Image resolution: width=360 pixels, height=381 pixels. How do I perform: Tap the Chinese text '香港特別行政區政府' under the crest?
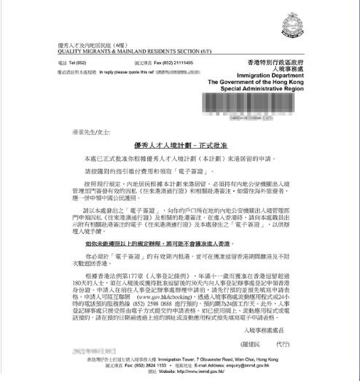click(x=289, y=64)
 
